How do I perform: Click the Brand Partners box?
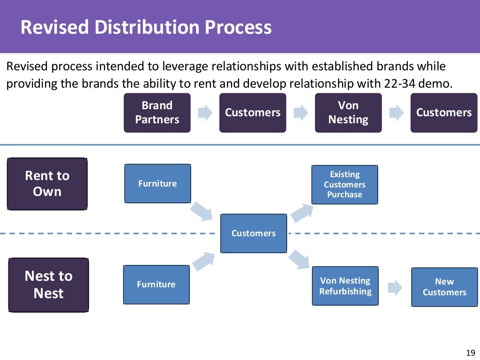tap(157, 112)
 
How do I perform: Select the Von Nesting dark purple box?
tap(348, 112)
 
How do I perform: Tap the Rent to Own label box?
tap(47, 183)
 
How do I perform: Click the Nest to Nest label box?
tap(49, 285)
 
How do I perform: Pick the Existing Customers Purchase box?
tap(345, 184)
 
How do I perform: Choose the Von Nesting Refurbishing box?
tap(345, 286)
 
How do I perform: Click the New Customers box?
tap(444, 287)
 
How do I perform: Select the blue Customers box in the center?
tap(254, 233)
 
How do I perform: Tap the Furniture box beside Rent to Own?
tap(157, 183)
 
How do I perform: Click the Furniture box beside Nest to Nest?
tap(156, 284)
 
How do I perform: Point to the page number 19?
tap(471, 353)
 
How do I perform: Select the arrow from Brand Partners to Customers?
tap(205, 112)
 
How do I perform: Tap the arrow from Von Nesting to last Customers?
tap(396, 112)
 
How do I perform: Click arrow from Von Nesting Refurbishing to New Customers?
tap(395, 287)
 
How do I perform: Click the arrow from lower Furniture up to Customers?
tap(202, 261)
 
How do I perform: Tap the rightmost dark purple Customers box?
tap(443, 112)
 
